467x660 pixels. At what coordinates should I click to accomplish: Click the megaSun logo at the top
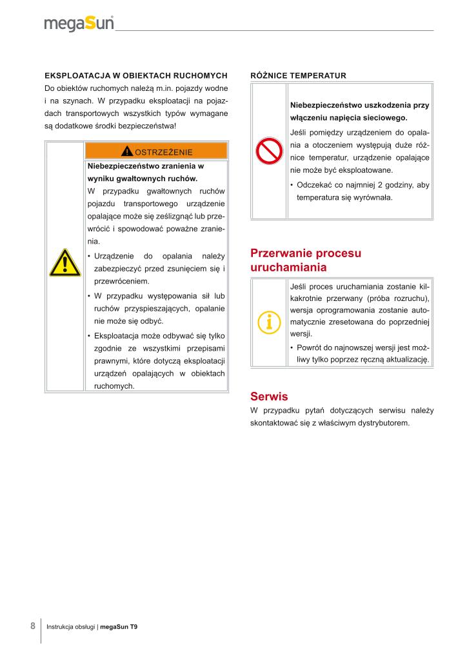pos(79,23)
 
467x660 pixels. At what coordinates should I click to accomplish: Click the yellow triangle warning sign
pos(64,263)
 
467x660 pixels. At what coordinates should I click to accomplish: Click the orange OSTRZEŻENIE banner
pos(156,151)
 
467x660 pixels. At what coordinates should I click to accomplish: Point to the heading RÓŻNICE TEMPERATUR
pos(298,75)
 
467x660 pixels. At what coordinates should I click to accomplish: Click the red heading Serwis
pos(268,396)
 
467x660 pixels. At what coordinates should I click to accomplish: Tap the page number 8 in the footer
pos(32,626)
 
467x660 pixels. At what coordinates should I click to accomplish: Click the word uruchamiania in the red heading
pos(288,267)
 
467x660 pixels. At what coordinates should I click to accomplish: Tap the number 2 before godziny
pos(380,185)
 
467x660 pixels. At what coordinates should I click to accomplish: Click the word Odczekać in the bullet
pos(314,185)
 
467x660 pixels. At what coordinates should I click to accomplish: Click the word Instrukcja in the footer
pos(63,627)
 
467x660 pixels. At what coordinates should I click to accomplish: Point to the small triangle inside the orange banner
pos(127,151)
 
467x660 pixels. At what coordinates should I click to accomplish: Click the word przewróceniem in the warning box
pos(122,281)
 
